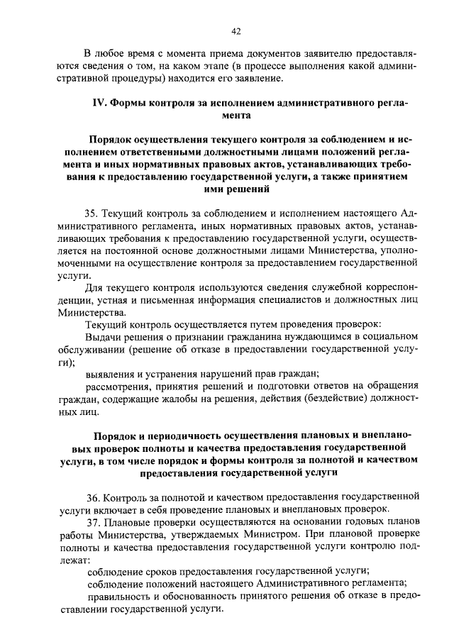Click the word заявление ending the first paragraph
pyautogui.click(x=260, y=78)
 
